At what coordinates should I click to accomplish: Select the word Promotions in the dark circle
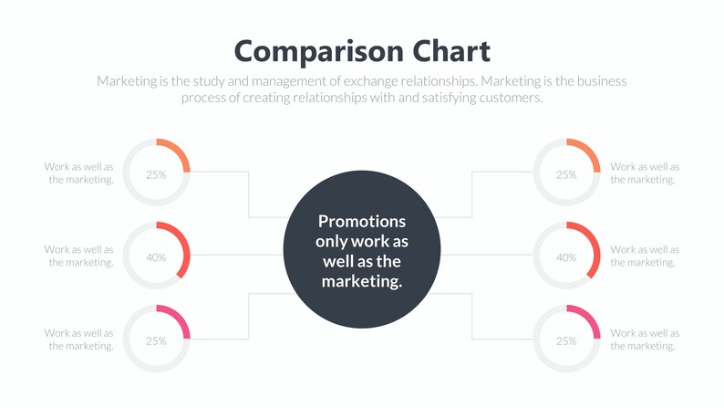point(362,222)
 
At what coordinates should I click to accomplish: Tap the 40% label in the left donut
point(156,257)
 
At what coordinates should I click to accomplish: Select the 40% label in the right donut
point(566,257)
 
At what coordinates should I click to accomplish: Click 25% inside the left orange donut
point(156,173)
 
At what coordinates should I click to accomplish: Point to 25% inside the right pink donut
point(566,340)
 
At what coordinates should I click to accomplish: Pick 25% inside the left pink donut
point(156,340)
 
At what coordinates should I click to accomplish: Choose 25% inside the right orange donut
point(566,173)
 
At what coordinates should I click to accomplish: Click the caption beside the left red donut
point(80,256)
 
